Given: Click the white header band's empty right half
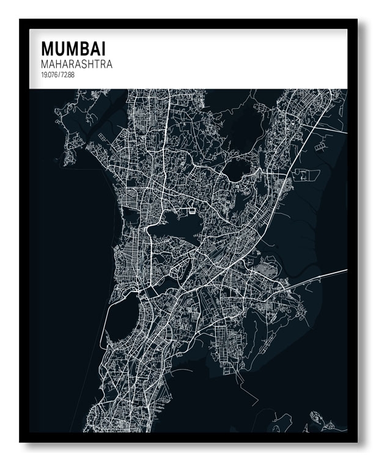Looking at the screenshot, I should tap(263, 59).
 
